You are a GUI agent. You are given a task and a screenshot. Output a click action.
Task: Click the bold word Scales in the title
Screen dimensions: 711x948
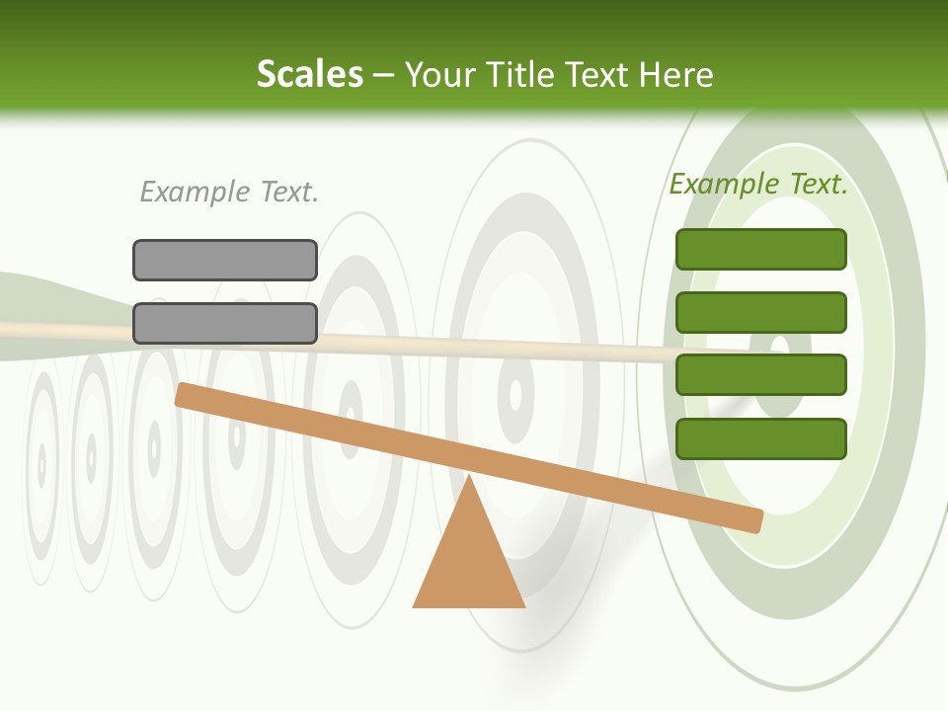[x=309, y=75]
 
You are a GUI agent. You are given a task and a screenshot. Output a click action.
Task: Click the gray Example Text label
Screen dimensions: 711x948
[x=229, y=192]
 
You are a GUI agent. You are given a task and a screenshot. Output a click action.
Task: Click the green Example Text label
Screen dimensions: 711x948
[x=758, y=184]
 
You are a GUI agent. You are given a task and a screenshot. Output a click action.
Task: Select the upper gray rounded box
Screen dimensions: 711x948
[x=225, y=260]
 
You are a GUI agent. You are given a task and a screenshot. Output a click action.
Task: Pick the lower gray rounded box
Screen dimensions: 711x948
[x=225, y=323]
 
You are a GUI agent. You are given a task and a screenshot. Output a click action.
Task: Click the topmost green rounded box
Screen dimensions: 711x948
[x=761, y=249]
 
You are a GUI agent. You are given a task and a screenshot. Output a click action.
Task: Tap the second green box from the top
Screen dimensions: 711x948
[x=761, y=312]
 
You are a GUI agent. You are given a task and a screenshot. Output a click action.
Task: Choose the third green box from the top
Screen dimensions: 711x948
[x=761, y=374]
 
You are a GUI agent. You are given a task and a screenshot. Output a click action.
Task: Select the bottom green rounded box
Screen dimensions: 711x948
[x=761, y=438]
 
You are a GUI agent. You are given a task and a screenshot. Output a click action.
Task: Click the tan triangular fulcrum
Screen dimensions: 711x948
[x=469, y=563]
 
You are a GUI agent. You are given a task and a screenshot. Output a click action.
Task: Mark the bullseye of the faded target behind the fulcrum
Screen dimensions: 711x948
[x=515, y=394]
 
